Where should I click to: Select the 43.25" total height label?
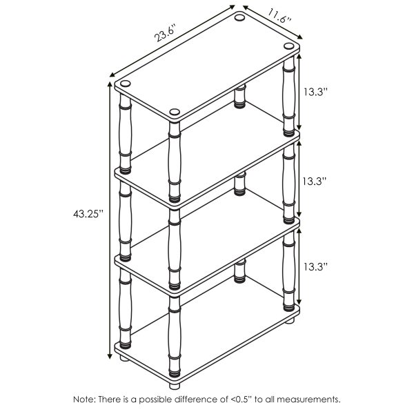88,213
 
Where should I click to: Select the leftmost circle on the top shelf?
125,83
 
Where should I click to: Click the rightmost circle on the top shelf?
287,47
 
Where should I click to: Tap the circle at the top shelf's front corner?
174,111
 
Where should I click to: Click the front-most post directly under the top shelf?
174,159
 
